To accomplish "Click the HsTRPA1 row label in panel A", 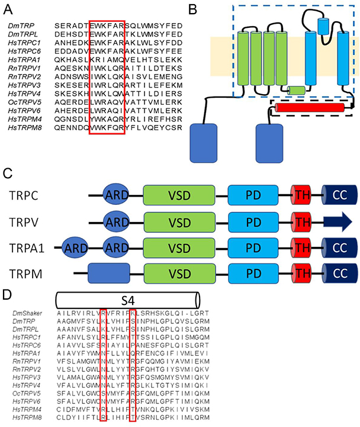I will pyautogui.click(x=24, y=61).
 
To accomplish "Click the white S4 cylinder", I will pyautogui.click(x=127, y=297).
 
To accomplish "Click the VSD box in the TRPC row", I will pyautogui.click(x=179, y=194).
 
